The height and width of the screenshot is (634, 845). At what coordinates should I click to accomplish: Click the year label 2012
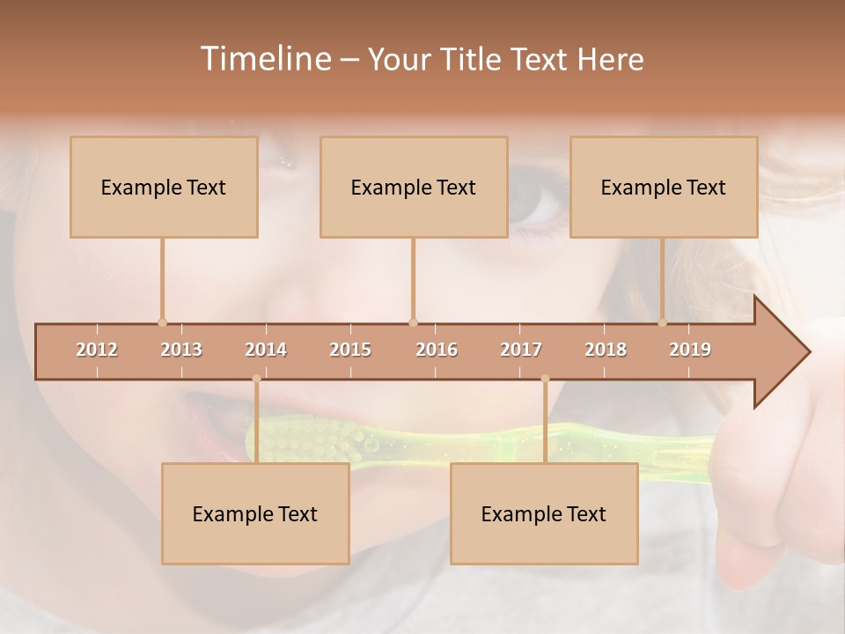pos(97,350)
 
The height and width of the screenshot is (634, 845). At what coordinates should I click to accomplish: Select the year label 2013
pos(181,350)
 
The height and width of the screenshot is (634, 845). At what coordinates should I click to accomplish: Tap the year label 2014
pos(266,350)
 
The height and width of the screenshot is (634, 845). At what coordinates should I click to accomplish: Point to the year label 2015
pos(350,350)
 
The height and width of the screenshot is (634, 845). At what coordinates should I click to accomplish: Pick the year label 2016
pos(437,350)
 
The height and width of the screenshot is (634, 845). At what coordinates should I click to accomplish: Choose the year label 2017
pos(521,350)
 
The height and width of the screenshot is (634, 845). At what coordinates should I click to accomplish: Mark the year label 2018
pos(606,350)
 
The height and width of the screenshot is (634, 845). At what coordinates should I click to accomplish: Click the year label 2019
pos(690,350)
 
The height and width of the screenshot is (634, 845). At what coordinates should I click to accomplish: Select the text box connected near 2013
pos(164,187)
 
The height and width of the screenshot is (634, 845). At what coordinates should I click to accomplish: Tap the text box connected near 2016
pos(414,187)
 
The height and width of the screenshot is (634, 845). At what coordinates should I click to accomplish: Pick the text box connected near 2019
pos(664,187)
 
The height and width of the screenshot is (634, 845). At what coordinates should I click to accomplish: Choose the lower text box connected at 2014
pos(255,513)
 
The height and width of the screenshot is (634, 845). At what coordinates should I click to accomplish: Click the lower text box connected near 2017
pos(544,513)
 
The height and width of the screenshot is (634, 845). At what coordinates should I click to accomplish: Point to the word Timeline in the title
pos(265,58)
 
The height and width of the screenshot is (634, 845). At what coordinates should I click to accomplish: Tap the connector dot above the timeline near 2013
pos(162,322)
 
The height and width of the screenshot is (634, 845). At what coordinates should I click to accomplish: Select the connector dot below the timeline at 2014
pos(256,379)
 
